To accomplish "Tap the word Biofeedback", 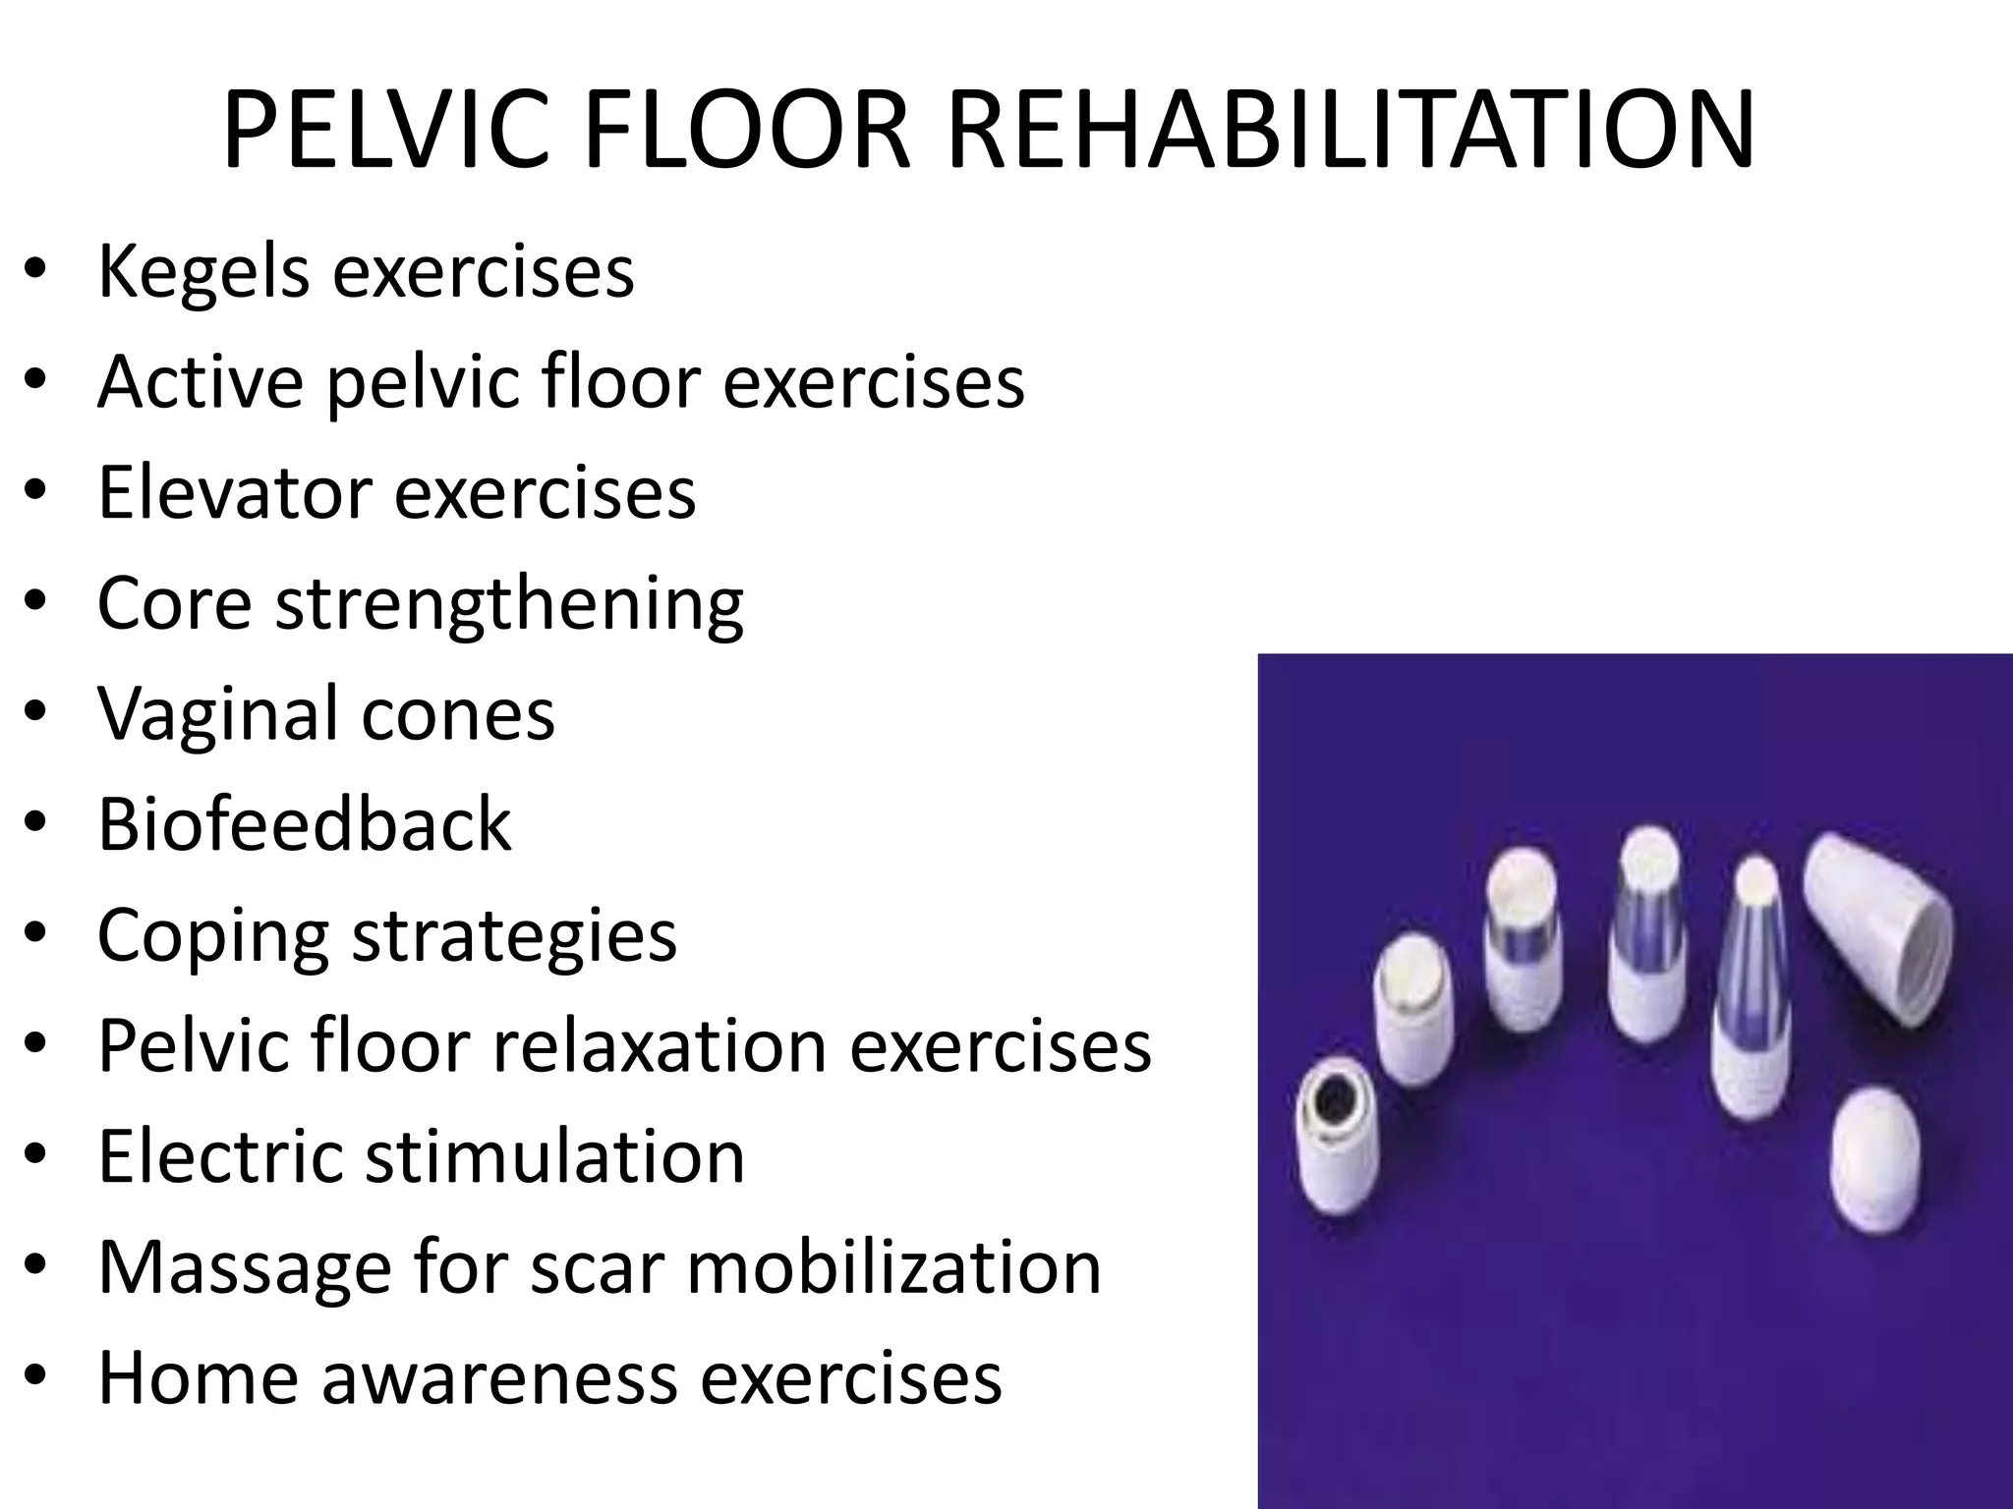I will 305,823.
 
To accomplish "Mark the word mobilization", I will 893,1267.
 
